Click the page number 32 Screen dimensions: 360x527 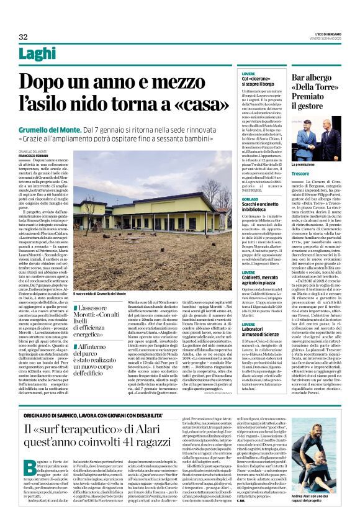coord(23,37)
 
